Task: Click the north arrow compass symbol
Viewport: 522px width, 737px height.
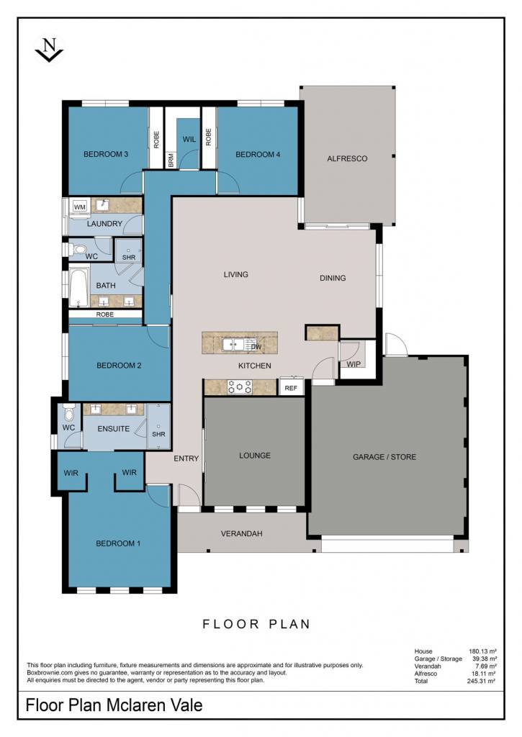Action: click(49, 48)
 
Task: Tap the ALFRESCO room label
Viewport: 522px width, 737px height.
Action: click(347, 158)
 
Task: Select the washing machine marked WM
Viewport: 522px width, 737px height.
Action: click(80, 207)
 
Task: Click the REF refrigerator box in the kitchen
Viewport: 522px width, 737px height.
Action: click(291, 388)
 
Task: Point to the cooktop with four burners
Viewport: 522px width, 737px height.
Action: click(240, 386)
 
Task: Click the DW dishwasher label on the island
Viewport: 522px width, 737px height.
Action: click(256, 347)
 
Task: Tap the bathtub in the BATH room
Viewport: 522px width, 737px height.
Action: click(79, 286)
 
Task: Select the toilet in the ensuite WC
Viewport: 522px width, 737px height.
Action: click(69, 412)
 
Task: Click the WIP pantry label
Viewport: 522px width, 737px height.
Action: click(354, 363)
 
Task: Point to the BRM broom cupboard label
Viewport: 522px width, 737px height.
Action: click(171, 160)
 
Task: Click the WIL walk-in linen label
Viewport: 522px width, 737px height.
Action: click(189, 139)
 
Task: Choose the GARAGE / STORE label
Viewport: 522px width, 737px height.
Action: click(384, 456)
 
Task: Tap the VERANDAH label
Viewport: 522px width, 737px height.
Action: click(242, 533)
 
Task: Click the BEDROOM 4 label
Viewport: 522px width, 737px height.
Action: click(258, 154)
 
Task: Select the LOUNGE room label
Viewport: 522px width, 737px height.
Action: click(255, 455)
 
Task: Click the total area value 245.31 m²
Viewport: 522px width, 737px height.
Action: click(482, 681)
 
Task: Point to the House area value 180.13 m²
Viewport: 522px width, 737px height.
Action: click(482, 651)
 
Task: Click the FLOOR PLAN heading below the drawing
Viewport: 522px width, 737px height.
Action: click(256, 624)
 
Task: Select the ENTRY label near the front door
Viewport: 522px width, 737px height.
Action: click(186, 458)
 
